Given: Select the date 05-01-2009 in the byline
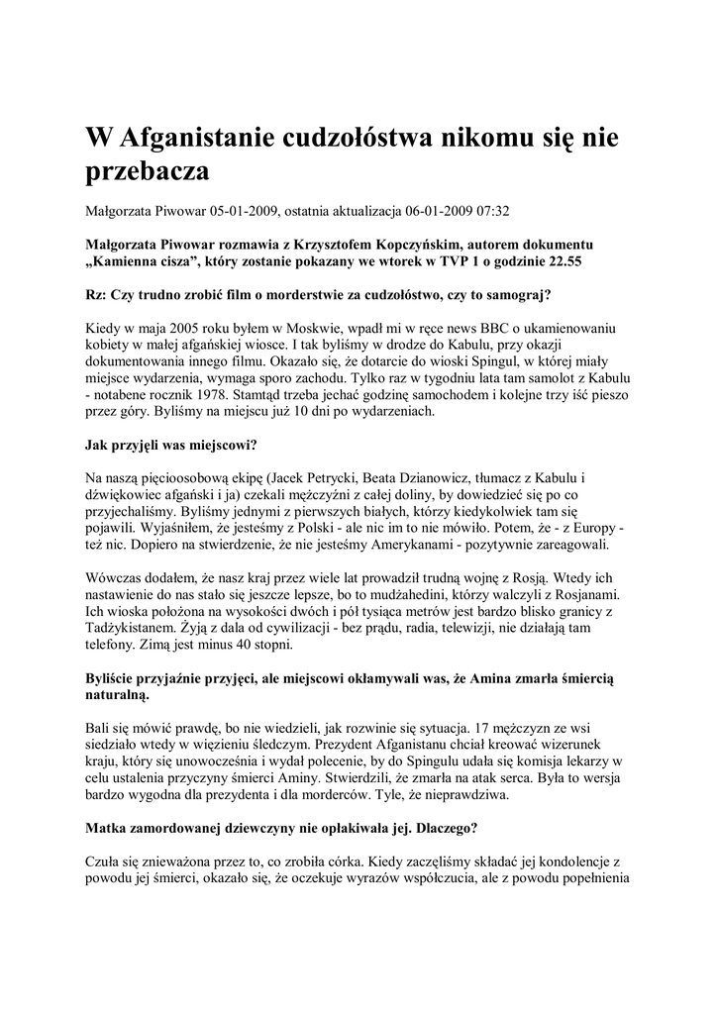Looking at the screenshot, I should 245,211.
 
